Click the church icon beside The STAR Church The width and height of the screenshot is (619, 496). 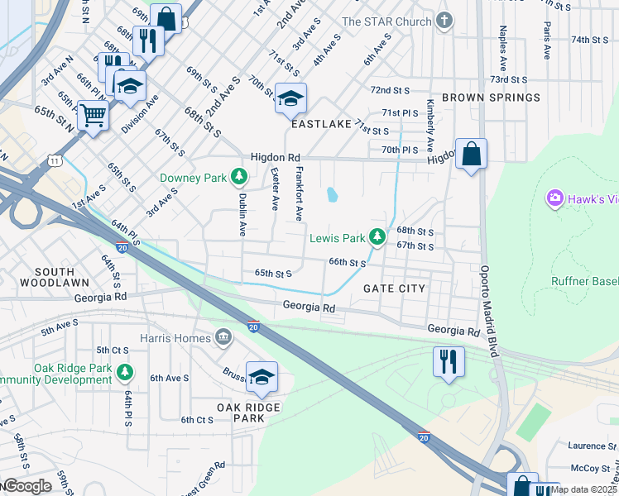(x=445, y=21)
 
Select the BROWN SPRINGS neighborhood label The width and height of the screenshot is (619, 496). (x=491, y=98)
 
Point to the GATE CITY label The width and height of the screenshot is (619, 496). (x=395, y=289)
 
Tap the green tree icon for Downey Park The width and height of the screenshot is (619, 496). (x=239, y=176)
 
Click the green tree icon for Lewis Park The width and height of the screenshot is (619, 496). (x=377, y=238)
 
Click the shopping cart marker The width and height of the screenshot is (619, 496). (x=94, y=115)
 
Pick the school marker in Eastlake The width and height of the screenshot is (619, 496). (x=290, y=98)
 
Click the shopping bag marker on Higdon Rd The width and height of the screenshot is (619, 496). (x=471, y=154)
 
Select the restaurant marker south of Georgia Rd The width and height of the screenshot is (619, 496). (x=449, y=360)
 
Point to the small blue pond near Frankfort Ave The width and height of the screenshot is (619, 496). (x=333, y=194)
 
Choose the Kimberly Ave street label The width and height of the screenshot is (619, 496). (x=430, y=124)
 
